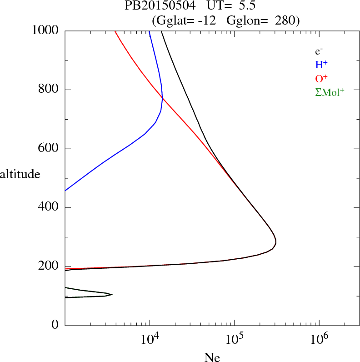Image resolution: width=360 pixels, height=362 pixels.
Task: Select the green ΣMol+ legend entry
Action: click(330, 92)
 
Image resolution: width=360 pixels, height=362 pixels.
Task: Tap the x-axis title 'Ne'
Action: click(212, 357)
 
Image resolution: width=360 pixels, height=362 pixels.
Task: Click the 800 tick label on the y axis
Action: click(49, 90)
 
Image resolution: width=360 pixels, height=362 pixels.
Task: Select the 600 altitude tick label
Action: click(49, 149)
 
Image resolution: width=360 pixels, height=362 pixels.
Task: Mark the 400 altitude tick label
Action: click(49, 208)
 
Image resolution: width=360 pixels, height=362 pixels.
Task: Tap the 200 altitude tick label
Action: click(49, 267)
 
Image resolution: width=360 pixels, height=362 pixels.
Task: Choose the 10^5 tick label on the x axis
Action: click(234, 339)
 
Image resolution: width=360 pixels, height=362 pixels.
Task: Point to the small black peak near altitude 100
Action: click(110, 295)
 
